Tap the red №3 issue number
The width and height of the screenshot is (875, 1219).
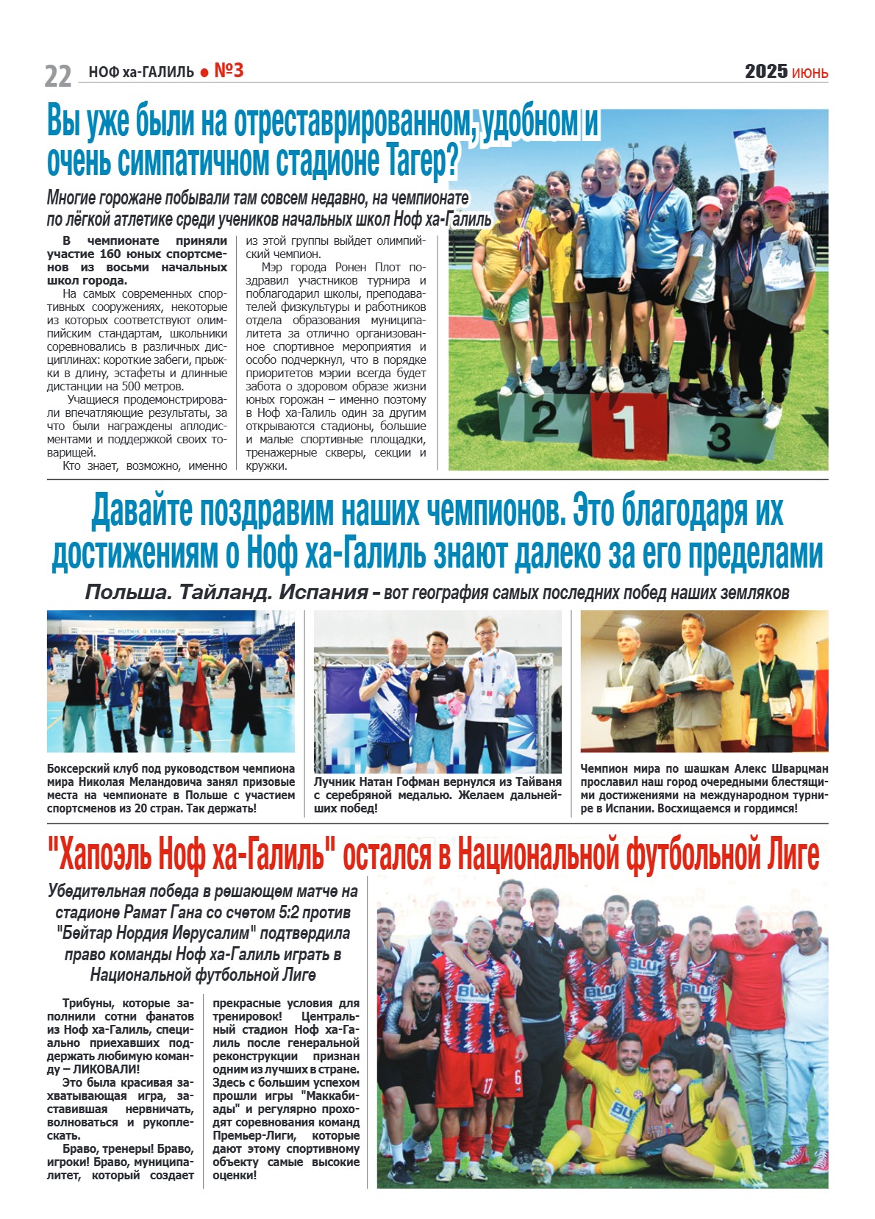pyautogui.click(x=229, y=71)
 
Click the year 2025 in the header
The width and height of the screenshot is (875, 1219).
pyautogui.click(x=765, y=71)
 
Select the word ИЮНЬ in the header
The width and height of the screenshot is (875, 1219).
pyautogui.click(x=810, y=73)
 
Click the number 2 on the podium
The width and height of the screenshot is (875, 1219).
pyautogui.click(x=545, y=418)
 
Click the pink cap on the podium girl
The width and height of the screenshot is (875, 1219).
pyautogui.click(x=776, y=196)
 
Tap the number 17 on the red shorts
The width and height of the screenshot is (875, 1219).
pyautogui.click(x=488, y=1085)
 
